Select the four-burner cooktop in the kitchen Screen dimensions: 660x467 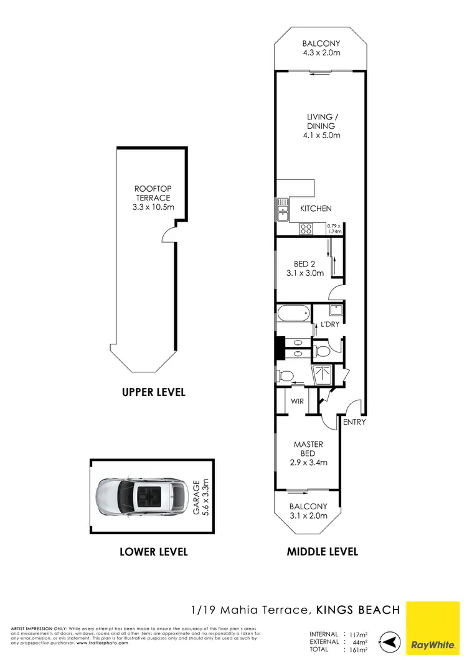pyautogui.click(x=306, y=229)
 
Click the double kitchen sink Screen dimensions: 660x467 pyautogui.click(x=283, y=209)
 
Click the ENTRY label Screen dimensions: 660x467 pyautogui.click(x=354, y=422)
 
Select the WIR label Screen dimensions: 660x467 pyautogui.click(x=298, y=402)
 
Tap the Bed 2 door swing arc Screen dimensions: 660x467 pyautogui.click(x=334, y=293)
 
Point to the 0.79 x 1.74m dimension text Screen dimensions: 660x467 pyautogui.click(x=336, y=228)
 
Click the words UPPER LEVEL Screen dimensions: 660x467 pyautogui.click(x=154, y=393)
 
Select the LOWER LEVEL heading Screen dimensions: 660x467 pyautogui.click(x=154, y=552)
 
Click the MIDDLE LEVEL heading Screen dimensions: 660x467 pyautogui.click(x=322, y=552)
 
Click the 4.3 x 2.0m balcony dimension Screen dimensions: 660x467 pyautogui.click(x=321, y=53)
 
